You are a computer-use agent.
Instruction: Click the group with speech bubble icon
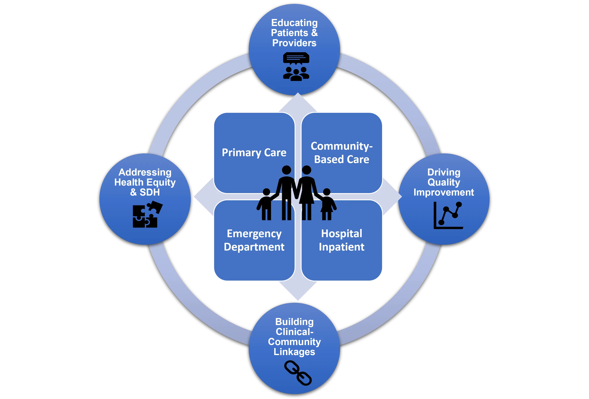(x=296, y=67)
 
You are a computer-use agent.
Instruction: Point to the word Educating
(x=294, y=23)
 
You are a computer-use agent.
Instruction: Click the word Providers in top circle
(x=294, y=43)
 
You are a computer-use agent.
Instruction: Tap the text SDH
(x=150, y=192)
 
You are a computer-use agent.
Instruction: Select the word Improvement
(x=444, y=192)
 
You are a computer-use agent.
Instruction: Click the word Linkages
(x=294, y=352)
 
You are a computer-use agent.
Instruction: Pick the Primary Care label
(x=254, y=153)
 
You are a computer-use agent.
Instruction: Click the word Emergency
(x=254, y=234)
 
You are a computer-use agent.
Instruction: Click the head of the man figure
(x=286, y=170)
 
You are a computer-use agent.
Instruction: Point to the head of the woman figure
(x=306, y=170)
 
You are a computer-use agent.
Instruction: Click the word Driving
(x=444, y=172)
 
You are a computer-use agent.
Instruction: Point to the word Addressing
(x=145, y=172)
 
